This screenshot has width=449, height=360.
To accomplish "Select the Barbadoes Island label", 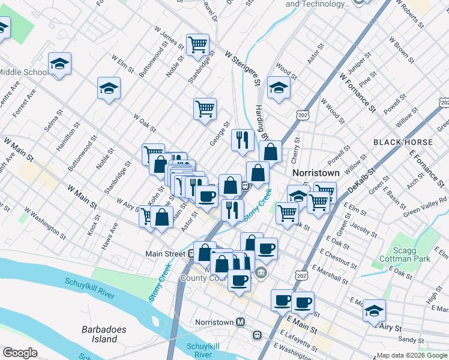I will coord(100,334).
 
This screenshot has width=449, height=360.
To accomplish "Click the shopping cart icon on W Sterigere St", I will coord(197,44).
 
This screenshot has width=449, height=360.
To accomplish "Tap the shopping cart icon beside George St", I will coord(205,109).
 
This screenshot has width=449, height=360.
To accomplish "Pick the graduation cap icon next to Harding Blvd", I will coord(279,88).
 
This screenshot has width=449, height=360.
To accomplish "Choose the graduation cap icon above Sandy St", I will coord(374,310).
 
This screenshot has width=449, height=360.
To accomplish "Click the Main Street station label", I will coord(165,254).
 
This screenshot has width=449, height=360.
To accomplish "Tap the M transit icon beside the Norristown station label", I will coord(241,322).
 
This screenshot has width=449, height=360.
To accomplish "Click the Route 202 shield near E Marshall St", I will coord(300,274).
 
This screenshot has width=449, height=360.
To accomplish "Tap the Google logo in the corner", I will coord(20,353).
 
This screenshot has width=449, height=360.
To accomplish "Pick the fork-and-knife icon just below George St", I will coord(242,140).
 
